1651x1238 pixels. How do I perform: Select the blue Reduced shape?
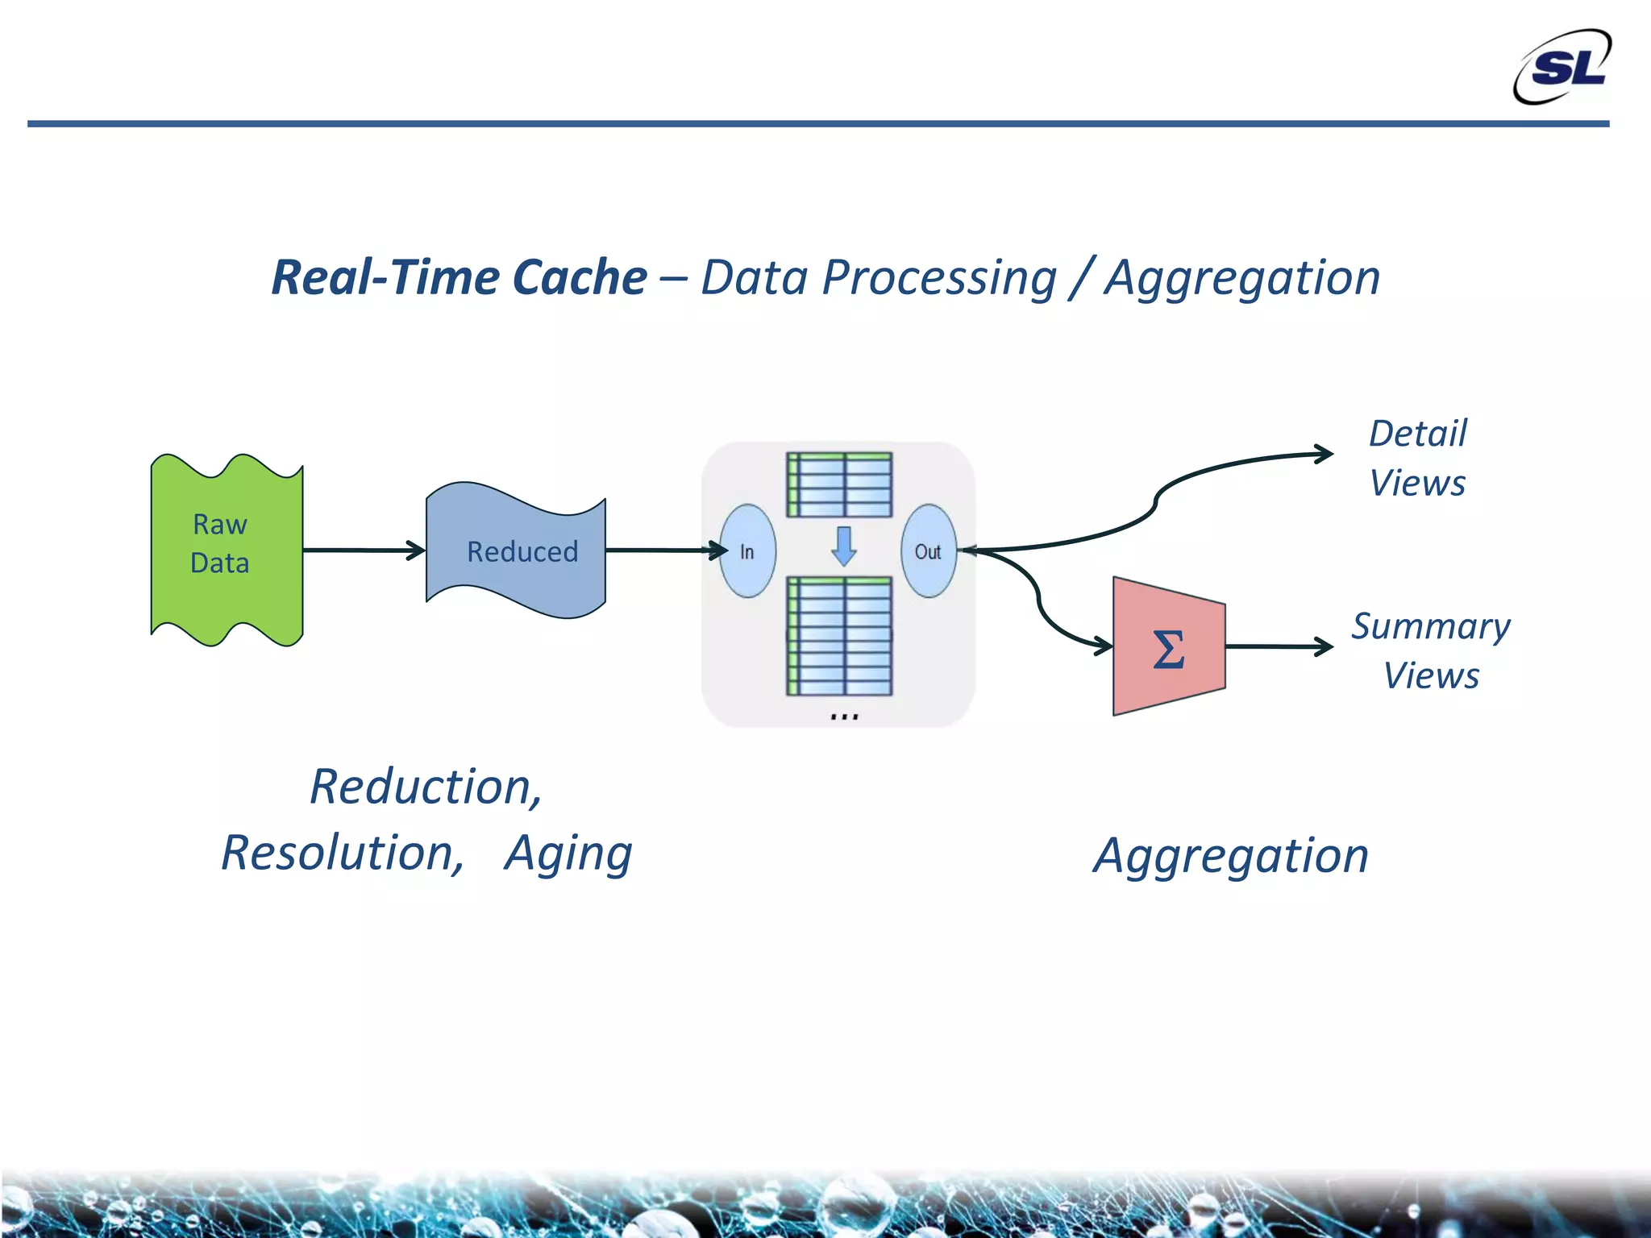tap(516, 551)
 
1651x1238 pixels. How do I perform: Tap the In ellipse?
tap(747, 551)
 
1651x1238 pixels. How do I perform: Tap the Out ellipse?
tap(928, 551)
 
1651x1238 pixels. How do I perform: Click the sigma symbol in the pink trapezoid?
tap(1169, 650)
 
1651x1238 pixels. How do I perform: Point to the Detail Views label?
tap(1418, 458)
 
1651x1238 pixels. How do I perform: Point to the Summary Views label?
tap(1431, 650)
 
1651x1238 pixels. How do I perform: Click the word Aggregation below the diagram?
tap(1231, 856)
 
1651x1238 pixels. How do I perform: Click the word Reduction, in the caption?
tap(426, 787)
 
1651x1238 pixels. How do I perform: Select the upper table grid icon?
tap(839, 484)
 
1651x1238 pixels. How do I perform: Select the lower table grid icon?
tap(839, 636)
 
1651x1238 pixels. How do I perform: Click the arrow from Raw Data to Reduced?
tap(363, 550)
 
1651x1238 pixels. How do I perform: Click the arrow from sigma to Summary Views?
tap(1278, 646)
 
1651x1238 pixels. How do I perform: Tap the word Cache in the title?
tap(580, 278)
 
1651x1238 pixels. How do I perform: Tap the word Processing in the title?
tap(938, 278)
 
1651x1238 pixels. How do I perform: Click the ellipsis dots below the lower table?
tap(844, 716)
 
